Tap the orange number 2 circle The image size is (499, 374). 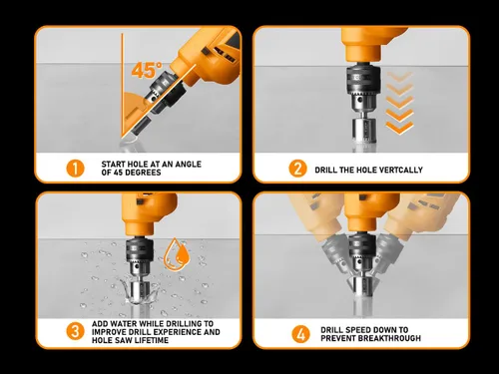click(297, 168)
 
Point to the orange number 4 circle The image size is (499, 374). click(296, 331)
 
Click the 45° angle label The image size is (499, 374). click(146, 72)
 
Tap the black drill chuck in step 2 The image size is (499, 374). click(355, 86)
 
